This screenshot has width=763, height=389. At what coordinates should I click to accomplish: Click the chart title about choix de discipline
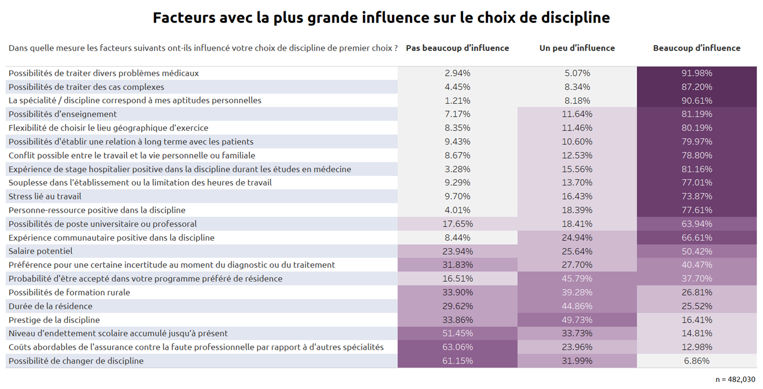pos(381,17)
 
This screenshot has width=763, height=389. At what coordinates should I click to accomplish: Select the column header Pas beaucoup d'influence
pos(457,48)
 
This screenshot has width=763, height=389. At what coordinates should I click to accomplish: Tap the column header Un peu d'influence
pos(577,48)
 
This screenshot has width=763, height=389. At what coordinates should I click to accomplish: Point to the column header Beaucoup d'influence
pos(696,48)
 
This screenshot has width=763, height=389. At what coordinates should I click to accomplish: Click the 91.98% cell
pos(696,73)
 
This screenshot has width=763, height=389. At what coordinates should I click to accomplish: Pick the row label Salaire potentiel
pos(41,251)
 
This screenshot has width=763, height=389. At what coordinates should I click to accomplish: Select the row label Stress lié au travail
pos(45,196)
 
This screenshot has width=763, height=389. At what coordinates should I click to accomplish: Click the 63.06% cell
pos(458,347)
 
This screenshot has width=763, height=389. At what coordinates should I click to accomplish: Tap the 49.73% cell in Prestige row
pos(577,320)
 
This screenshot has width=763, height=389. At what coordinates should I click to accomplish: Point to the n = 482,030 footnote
pos(735,379)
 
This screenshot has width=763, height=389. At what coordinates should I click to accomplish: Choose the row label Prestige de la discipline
pos(54,320)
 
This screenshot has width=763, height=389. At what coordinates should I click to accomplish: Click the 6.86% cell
pos(696,361)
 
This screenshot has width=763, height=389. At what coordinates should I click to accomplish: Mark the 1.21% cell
pos(458,100)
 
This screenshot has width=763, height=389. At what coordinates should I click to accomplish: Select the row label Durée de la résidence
pos(51,306)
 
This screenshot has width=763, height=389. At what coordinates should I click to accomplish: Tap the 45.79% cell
pos(577,279)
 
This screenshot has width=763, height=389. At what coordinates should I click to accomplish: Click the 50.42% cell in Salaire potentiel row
pos(696,251)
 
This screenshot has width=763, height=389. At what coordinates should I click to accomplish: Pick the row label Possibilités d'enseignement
pos(63,114)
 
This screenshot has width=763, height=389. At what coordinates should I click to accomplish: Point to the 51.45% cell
pos(458,334)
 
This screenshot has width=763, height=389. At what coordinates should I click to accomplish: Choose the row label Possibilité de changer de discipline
pos(76,361)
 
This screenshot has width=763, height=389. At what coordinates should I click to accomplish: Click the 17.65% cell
pos(458,224)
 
